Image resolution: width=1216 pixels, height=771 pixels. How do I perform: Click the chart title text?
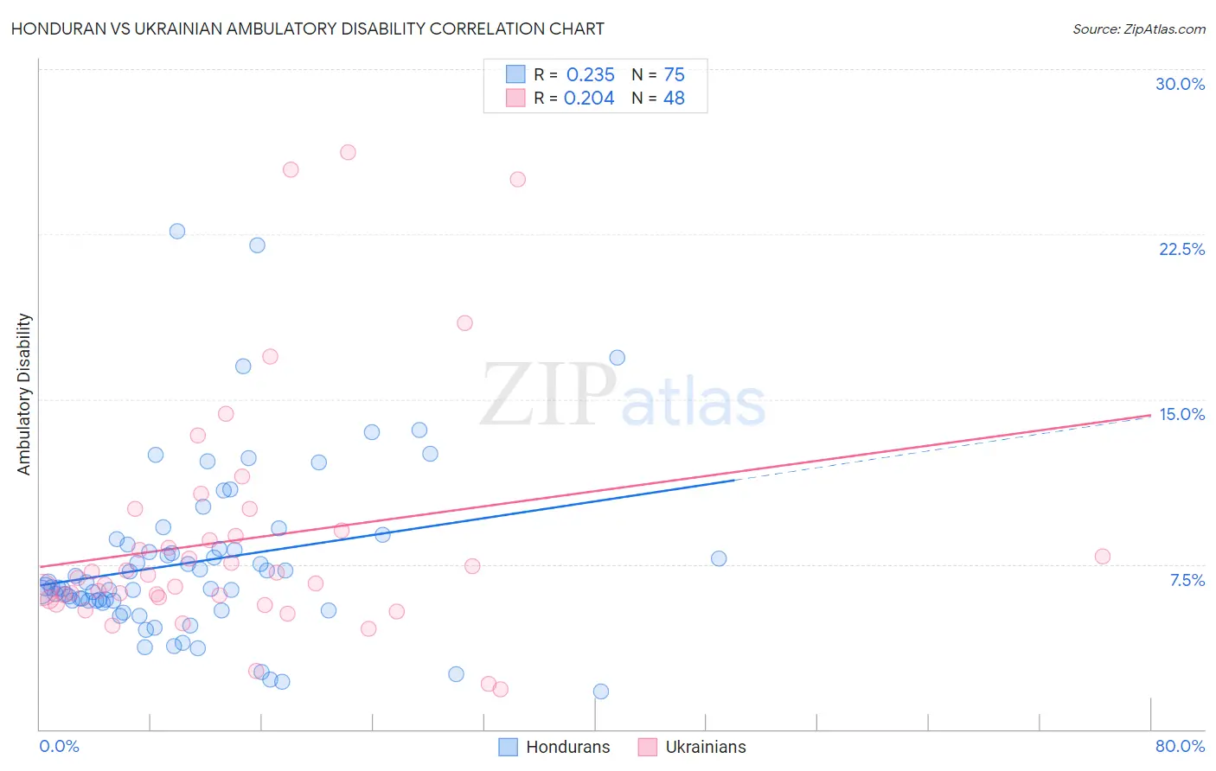(x=307, y=29)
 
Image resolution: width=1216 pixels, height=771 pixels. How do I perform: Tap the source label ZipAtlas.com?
(x=1138, y=29)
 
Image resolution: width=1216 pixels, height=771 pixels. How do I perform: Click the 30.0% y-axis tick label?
(x=1180, y=84)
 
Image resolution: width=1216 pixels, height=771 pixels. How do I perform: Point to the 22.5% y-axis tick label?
(x=1181, y=249)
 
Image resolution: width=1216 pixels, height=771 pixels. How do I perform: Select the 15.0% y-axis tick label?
(x=1181, y=414)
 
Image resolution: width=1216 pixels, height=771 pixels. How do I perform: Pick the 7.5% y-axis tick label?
(x=1187, y=580)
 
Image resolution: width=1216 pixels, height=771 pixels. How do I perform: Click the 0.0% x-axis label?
(x=59, y=746)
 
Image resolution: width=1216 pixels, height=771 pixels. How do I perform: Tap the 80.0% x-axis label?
(x=1180, y=746)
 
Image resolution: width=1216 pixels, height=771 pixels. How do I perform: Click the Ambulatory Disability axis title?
(x=24, y=393)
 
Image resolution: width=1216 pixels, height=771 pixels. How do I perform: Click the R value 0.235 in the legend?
(x=590, y=75)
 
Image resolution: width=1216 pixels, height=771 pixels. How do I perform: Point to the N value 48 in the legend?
(x=674, y=99)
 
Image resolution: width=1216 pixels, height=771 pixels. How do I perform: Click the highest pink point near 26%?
(x=348, y=152)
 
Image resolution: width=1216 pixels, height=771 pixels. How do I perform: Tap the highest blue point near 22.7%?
(x=177, y=231)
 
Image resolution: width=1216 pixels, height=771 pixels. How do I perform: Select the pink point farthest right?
(x=1102, y=557)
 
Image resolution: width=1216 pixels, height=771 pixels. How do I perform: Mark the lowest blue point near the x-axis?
(x=601, y=691)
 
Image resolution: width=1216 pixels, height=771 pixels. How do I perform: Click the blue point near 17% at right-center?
(x=617, y=358)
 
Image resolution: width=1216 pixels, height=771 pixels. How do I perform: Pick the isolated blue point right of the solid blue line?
(x=719, y=558)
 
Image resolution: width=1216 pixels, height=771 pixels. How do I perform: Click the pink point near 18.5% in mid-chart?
(x=464, y=323)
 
